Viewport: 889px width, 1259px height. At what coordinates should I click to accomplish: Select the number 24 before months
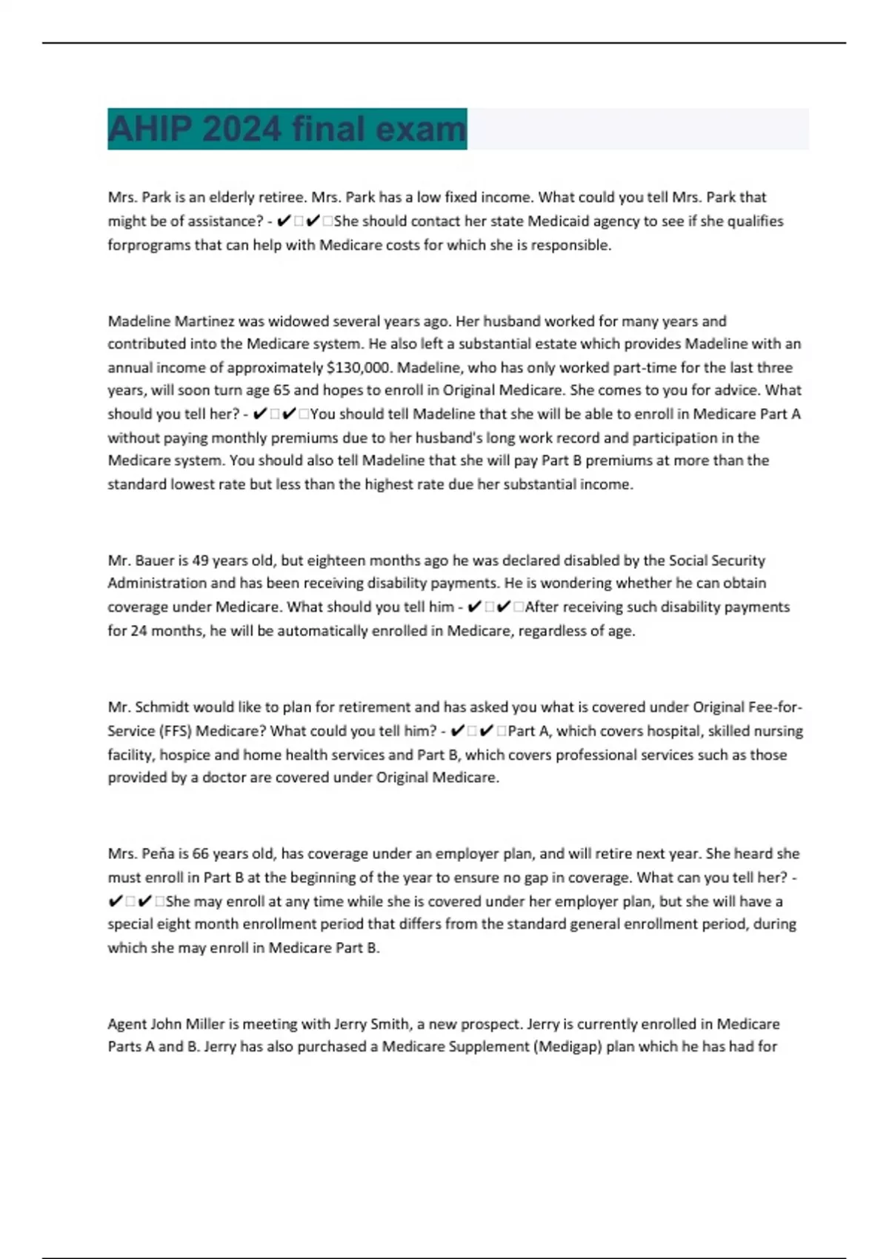pos(139,631)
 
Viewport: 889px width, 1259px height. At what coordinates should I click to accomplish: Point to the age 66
pos(200,854)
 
